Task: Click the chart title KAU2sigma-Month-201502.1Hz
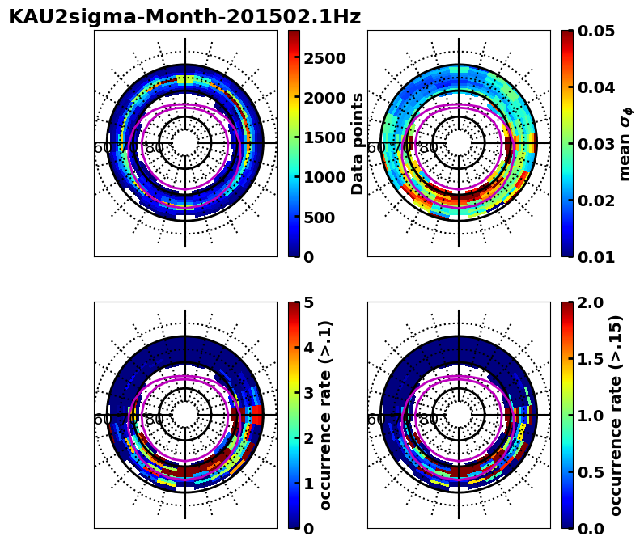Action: (184, 17)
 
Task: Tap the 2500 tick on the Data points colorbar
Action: (324, 58)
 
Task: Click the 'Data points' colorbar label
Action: (358, 143)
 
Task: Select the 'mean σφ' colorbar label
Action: (625, 143)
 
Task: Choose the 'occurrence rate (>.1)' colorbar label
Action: (325, 415)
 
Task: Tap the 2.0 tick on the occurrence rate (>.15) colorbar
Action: (591, 302)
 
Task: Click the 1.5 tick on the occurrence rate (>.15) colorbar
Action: (591, 359)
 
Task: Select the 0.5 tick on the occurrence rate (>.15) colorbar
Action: (591, 472)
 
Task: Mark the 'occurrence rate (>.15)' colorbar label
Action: (616, 415)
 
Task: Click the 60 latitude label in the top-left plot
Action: (103, 148)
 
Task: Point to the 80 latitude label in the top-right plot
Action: (428, 148)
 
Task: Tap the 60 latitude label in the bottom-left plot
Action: (103, 420)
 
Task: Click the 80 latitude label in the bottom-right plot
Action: (428, 420)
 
